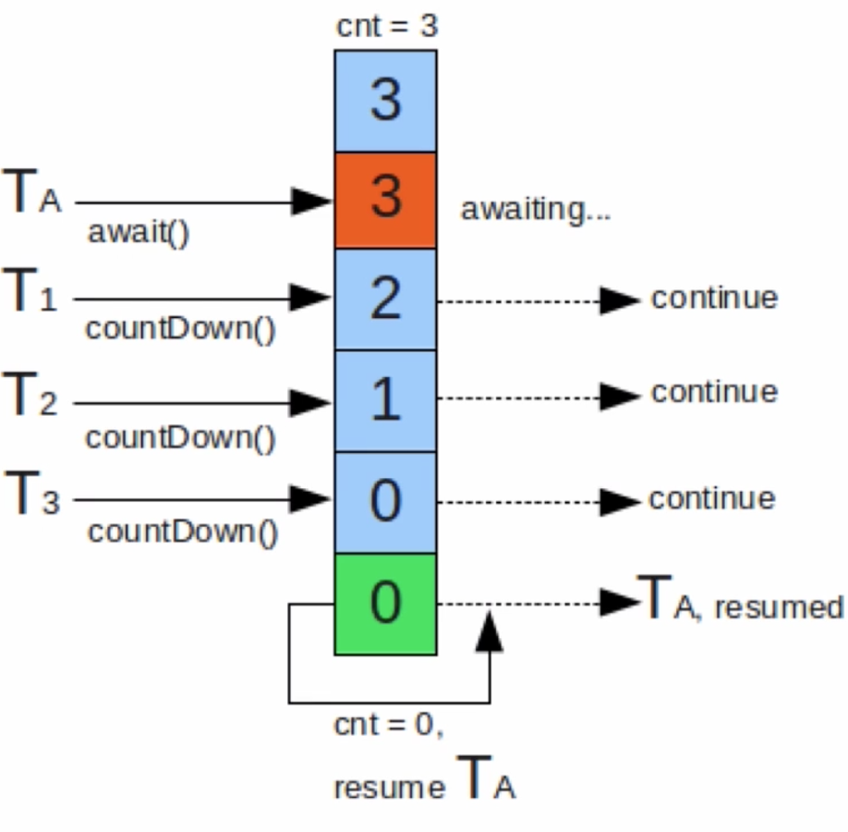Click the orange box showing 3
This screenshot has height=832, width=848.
click(x=385, y=201)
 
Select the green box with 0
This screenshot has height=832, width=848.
click(x=385, y=604)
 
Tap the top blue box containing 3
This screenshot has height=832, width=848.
click(x=385, y=101)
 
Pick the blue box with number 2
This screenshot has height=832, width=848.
click(x=385, y=300)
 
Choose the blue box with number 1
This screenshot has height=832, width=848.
click(x=385, y=400)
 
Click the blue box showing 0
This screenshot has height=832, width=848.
click(x=385, y=502)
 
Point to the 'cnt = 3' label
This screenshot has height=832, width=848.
click(x=387, y=26)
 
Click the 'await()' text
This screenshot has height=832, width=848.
click(x=139, y=233)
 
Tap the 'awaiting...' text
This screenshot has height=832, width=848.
click(x=536, y=209)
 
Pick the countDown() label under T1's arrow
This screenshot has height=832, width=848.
click(x=181, y=328)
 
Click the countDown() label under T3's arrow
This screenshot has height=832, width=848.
click(x=183, y=532)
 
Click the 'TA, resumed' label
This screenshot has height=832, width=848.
click(x=741, y=597)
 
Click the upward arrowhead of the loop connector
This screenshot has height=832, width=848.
click(x=489, y=630)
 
